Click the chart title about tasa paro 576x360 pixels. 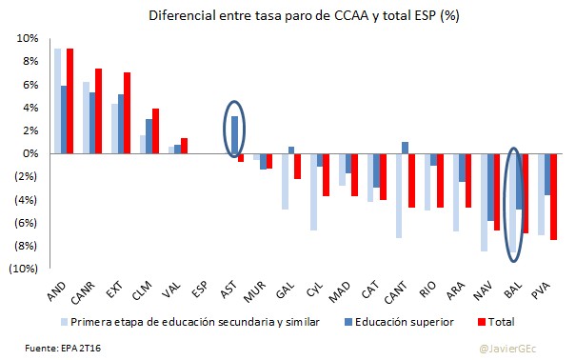pos(288,15)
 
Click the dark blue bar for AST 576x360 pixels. pos(234,134)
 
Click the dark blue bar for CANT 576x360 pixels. pos(405,148)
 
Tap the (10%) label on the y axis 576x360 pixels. pos(24,269)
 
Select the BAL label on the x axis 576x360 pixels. pos(512,288)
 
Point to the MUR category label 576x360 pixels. pos(253,288)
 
